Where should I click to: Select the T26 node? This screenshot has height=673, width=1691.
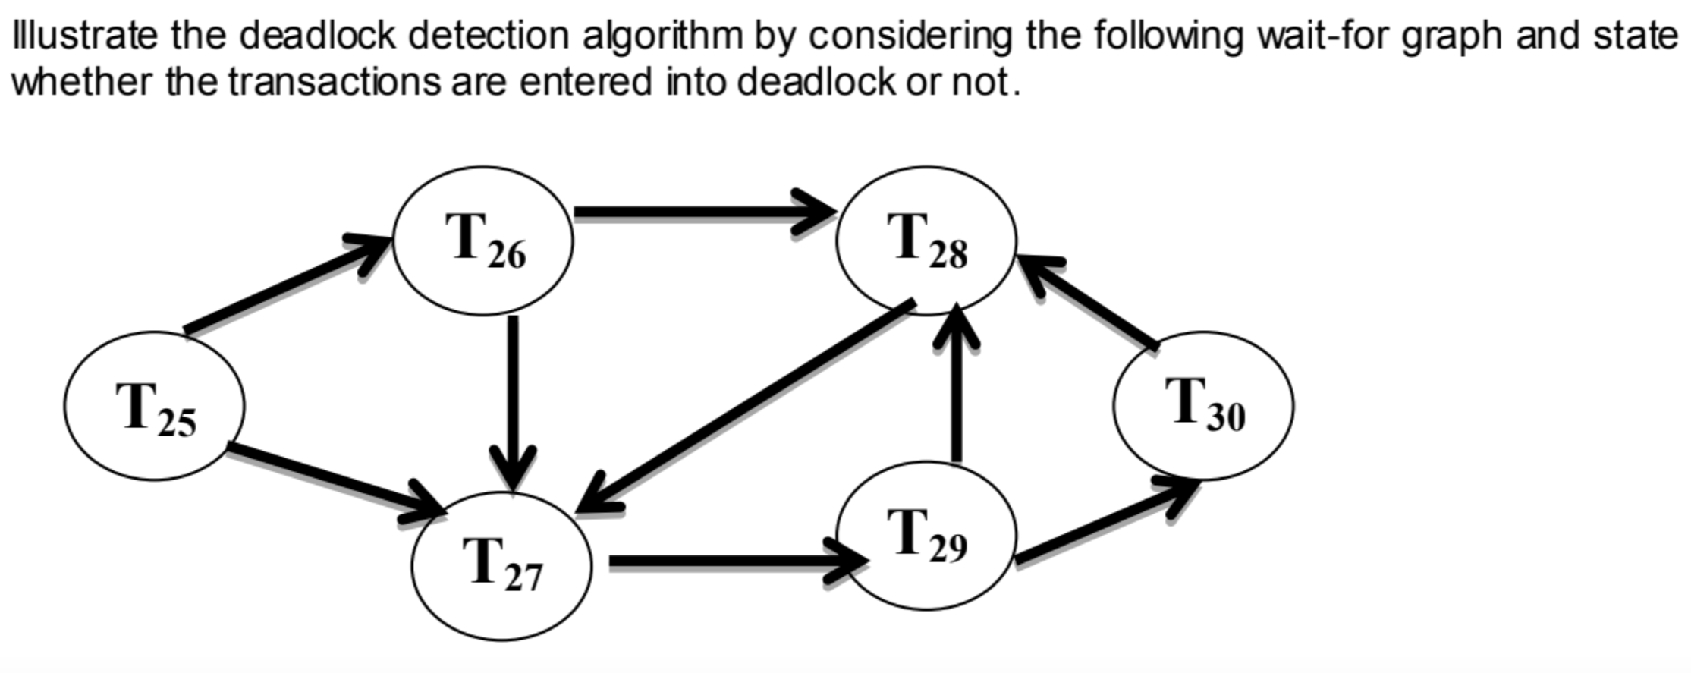[482, 241]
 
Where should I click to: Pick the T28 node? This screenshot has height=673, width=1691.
[926, 241]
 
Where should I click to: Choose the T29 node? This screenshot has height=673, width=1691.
[926, 536]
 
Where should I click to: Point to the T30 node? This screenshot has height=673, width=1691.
[1203, 406]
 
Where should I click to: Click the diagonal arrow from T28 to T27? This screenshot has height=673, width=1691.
[747, 406]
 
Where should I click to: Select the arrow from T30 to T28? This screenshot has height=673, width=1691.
[1092, 303]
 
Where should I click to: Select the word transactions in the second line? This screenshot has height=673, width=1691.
[335, 81]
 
